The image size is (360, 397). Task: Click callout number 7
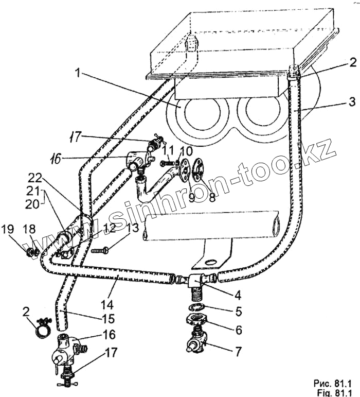238,353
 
